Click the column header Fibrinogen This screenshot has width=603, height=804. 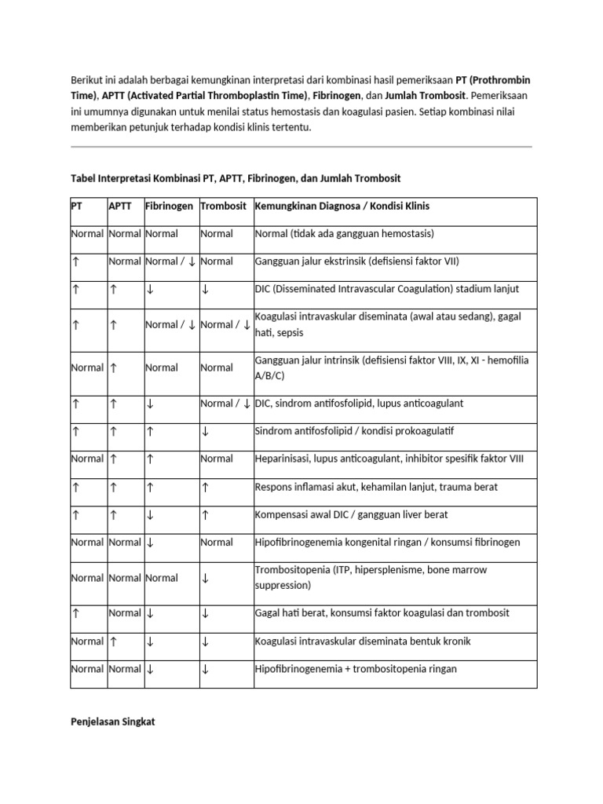click(x=169, y=206)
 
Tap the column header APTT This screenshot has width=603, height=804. click(x=121, y=206)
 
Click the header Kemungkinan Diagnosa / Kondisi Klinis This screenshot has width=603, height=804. click(x=342, y=206)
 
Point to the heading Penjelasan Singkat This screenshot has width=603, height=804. click(x=113, y=722)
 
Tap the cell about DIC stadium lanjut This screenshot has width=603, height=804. click(x=387, y=289)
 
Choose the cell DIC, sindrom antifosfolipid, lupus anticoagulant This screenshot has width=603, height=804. click(x=359, y=404)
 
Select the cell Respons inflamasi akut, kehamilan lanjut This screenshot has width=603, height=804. click(x=376, y=487)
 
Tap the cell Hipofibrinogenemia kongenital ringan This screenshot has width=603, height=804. click(x=387, y=543)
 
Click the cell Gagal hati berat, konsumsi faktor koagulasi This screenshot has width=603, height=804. click(x=382, y=612)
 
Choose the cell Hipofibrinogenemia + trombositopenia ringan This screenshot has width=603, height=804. click(x=356, y=669)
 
